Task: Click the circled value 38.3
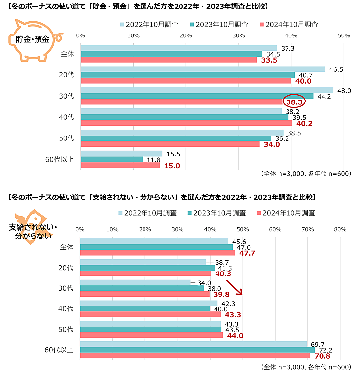tap(294, 102)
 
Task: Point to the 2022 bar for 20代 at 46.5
tap(203, 69)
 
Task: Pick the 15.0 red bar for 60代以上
tap(120, 165)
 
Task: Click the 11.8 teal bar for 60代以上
tap(111, 159)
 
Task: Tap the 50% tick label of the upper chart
tap(344, 35)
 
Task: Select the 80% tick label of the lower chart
tap(340, 229)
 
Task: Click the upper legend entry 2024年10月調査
tap(288, 24)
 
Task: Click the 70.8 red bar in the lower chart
tap(195, 355)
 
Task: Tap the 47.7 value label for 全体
tap(247, 253)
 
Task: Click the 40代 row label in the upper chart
tap(66, 117)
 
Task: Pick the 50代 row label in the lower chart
tap(66, 329)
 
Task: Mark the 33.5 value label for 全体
tap(269, 60)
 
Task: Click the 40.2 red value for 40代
tap(304, 123)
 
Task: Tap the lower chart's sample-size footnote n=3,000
tap(305, 367)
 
